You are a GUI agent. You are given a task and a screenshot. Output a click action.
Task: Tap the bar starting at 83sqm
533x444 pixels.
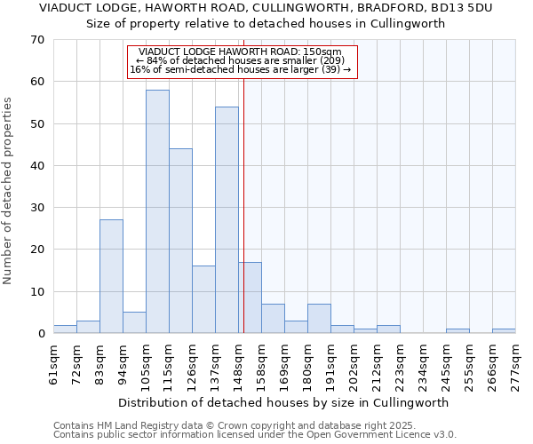(x=111, y=276)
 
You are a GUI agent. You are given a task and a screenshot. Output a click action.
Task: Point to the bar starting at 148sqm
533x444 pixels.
(x=250, y=297)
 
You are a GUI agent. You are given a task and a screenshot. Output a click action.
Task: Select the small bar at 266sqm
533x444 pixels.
(x=504, y=331)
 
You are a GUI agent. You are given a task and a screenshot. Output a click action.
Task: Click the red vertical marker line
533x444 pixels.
(x=243, y=204)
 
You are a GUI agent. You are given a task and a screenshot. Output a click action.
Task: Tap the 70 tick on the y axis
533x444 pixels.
(x=38, y=40)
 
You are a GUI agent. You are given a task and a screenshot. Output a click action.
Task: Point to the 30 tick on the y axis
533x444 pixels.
(x=38, y=208)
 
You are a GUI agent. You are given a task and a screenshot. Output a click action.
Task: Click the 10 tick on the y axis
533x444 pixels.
(x=38, y=292)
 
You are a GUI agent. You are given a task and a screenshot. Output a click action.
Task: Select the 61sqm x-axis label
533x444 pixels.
(x=54, y=362)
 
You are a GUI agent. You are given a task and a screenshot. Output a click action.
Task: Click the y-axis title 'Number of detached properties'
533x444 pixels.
(x=9, y=191)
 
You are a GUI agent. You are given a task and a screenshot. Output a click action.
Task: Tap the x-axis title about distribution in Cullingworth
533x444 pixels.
(x=283, y=402)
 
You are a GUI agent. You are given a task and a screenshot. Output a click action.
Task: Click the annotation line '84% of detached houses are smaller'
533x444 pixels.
(x=241, y=60)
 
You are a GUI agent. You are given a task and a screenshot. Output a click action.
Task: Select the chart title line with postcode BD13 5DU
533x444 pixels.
(x=266, y=8)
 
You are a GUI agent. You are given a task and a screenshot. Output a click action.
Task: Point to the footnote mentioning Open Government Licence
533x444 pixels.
(x=255, y=435)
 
